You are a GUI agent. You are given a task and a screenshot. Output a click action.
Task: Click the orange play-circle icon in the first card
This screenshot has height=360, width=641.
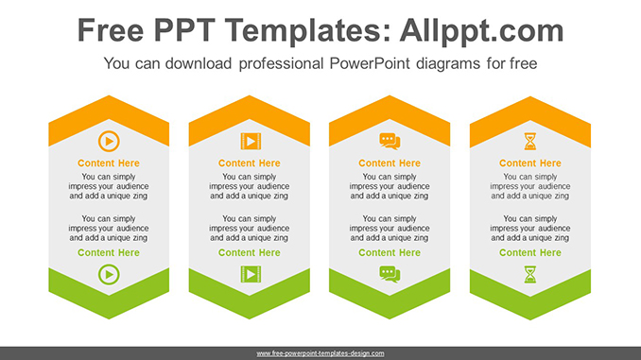click(109, 142)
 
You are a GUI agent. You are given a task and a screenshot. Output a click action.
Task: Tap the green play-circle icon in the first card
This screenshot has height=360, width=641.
click(109, 274)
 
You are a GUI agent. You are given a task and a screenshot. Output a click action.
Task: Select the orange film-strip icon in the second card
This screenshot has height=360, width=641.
click(251, 142)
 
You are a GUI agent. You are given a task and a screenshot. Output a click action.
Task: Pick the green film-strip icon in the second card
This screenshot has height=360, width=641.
click(251, 274)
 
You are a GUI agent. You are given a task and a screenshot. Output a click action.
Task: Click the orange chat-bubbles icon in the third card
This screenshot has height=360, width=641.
click(390, 142)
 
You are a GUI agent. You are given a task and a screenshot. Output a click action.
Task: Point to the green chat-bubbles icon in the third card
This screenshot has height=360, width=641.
click(390, 274)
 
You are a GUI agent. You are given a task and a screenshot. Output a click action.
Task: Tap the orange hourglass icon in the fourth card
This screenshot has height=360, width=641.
click(530, 142)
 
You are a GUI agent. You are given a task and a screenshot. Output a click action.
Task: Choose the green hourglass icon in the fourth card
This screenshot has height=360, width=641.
click(530, 274)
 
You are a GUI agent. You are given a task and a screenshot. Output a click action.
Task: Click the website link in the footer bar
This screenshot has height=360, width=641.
click(320, 353)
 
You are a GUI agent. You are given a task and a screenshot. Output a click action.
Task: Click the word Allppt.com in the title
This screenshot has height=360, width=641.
click(481, 31)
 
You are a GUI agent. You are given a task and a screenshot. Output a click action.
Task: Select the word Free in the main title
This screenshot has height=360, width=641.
click(111, 30)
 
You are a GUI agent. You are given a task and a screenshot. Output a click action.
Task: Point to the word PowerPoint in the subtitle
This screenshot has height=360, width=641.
click(369, 63)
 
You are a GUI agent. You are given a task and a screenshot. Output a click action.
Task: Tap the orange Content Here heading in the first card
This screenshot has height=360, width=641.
click(109, 163)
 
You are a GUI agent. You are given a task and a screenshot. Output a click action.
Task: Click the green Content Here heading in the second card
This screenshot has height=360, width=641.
click(250, 252)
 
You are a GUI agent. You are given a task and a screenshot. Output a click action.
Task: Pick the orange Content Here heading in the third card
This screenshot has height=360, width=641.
click(390, 163)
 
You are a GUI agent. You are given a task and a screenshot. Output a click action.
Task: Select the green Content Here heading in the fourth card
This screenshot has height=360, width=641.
click(530, 252)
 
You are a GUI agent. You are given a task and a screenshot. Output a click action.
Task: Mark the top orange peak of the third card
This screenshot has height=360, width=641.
click(390, 95)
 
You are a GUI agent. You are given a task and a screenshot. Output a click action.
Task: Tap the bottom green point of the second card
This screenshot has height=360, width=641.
click(250, 318)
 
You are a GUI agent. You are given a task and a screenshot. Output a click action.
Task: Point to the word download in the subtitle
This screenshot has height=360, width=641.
click(199, 63)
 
